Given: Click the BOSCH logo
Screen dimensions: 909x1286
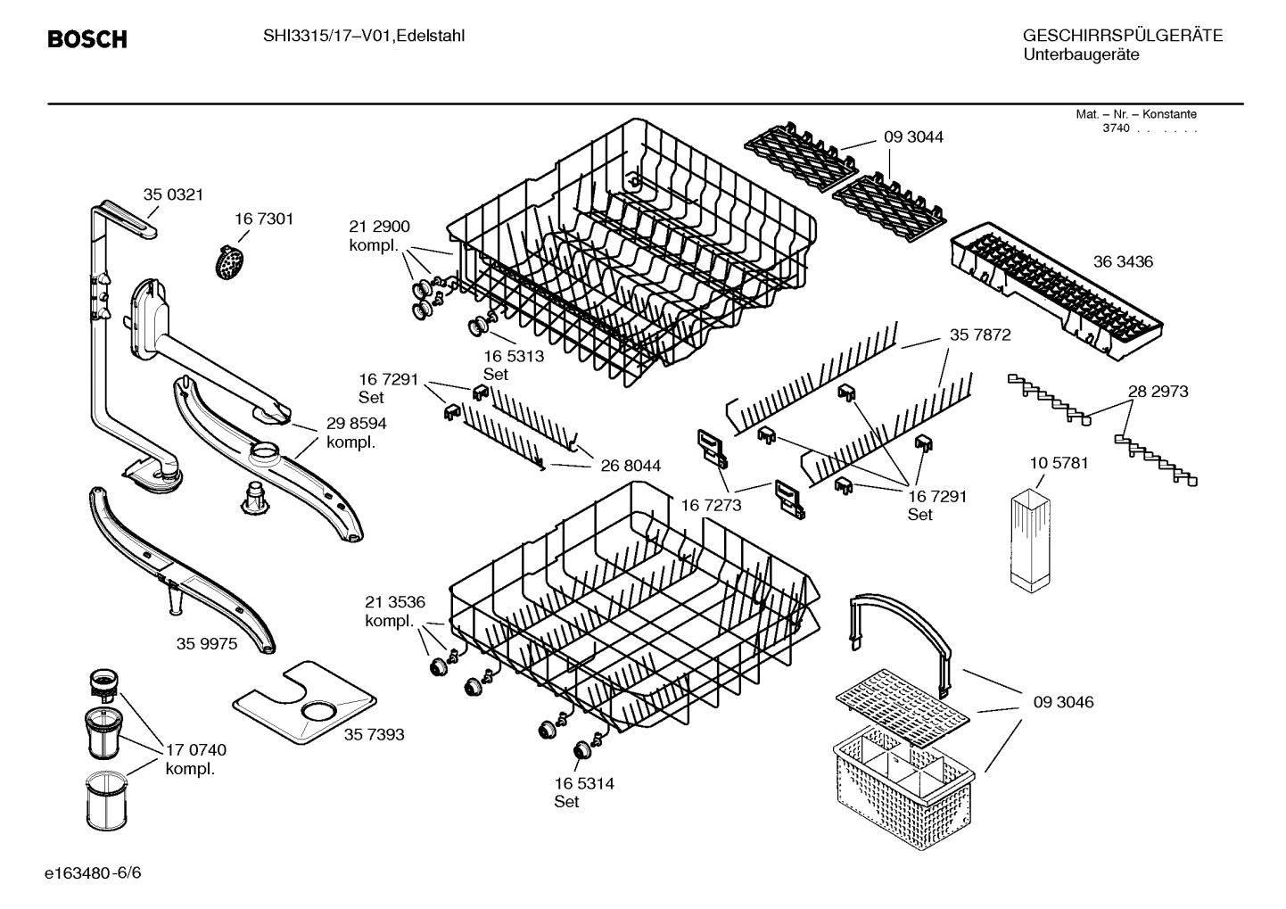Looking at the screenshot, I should [x=87, y=39].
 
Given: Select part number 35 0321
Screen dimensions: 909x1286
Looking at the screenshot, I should [x=173, y=194].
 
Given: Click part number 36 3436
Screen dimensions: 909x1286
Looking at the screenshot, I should [x=1123, y=261].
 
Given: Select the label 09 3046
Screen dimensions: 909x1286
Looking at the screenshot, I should [x=1063, y=702].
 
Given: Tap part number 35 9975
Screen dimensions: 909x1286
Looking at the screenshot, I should [x=207, y=643].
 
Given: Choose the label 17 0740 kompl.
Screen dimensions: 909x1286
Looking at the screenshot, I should [x=195, y=759].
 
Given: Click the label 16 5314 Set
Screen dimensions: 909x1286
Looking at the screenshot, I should [x=583, y=792].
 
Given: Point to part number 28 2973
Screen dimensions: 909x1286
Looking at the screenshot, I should [x=1158, y=392].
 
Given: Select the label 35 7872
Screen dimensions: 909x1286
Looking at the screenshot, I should [x=979, y=335].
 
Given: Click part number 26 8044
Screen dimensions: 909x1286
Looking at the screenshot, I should [x=631, y=466].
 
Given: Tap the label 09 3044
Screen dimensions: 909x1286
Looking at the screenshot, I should [x=913, y=136].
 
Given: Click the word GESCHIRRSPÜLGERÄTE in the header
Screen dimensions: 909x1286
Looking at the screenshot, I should [x=1122, y=37].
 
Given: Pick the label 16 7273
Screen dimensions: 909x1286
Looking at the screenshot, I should [x=711, y=505].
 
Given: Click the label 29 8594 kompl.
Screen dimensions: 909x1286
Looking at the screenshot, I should [x=356, y=433].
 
